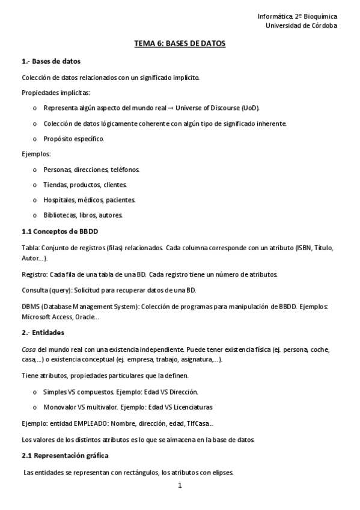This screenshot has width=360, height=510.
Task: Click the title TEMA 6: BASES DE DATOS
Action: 179,45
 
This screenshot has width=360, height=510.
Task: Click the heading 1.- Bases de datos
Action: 51,61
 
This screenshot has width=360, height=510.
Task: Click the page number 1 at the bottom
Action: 179,485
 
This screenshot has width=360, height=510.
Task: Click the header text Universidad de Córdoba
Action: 301,26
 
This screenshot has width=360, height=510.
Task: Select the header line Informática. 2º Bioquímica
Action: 297,17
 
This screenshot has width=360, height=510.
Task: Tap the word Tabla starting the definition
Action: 29,248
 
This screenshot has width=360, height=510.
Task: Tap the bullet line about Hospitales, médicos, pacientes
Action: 90,200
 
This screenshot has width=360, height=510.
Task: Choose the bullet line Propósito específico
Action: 73,139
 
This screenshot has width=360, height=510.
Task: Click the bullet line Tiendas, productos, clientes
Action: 85,185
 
